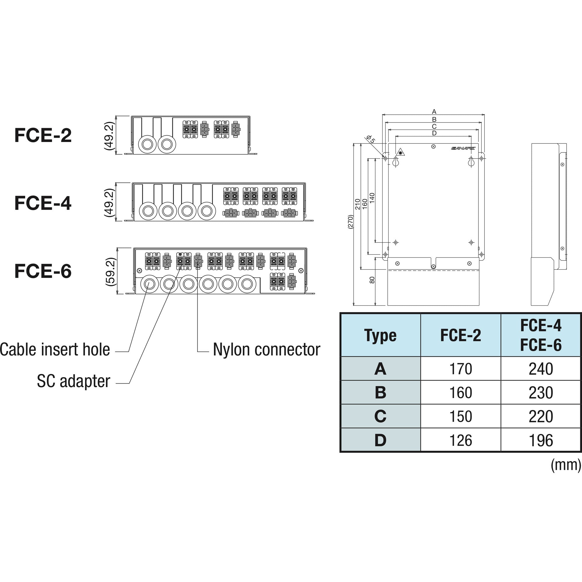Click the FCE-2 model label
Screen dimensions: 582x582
(x=43, y=135)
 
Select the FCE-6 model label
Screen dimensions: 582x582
(x=43, y=271)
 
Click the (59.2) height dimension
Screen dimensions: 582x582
(x=111, y=272)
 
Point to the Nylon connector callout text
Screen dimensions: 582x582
(x=266, y=349)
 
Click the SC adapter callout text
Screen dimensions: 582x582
(x=73, y=381)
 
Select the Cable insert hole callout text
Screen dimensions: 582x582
(x=55, y=349)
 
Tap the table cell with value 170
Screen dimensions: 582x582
(x=461, y=369)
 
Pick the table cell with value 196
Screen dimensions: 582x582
(x=541, y=440)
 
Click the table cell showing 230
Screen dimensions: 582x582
(x=541, y=393)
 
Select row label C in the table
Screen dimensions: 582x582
(x=380, y=417)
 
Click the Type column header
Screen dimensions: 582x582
(x=380, y=335)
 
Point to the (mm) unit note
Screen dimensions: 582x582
(x=566, y=465)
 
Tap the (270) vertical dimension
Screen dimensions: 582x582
(x=350, y=222)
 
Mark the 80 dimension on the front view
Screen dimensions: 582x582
(x=372, y=280)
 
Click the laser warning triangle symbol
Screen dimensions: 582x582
(x=400, y=152)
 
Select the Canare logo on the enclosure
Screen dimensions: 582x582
(x=463, y=148)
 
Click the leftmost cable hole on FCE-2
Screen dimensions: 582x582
(x=147, y=144)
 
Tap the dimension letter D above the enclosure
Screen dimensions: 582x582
(x=434, y=133)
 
